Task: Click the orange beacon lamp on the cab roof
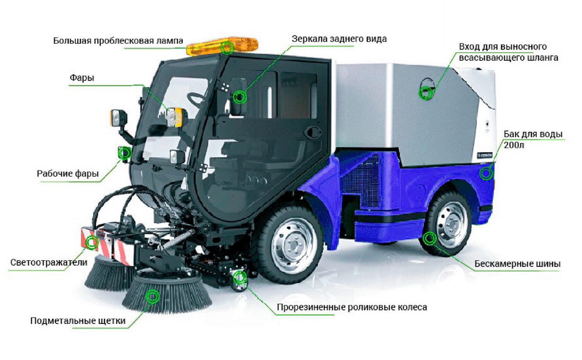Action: tap(222, 47)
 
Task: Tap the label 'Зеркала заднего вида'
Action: tap(339, 39)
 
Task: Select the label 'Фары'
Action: tap(82, 78)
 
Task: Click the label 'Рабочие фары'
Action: tap(68, 173)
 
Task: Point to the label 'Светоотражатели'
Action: tap(48, 262)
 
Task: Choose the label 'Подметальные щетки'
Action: tap(78, 321)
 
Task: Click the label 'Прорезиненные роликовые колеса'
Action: tap(352, 307)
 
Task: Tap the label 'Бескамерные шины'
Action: tap(517, 264)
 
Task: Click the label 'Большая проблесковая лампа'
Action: tap(118, 41)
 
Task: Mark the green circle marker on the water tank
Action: tap(486, 173)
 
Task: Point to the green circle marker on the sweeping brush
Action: tap(152, 296)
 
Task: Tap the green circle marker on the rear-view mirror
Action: tap(240, 97)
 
